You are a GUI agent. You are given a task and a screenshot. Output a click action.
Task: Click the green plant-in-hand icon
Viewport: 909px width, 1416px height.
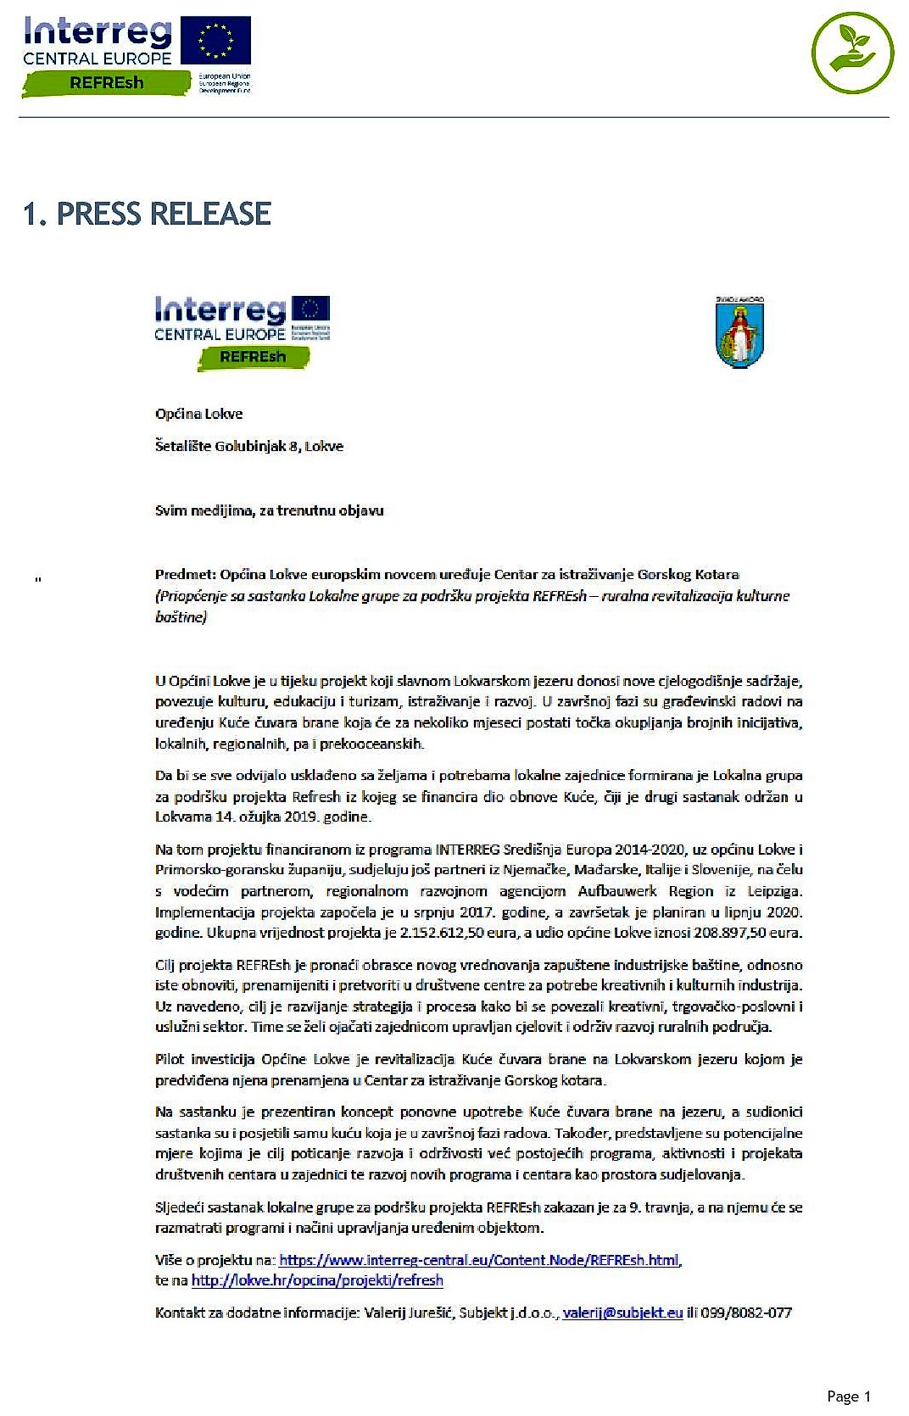(852, 53)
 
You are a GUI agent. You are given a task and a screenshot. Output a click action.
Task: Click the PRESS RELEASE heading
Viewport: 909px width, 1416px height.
(147, 214)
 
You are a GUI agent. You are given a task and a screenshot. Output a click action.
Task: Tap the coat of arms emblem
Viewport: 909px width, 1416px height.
(739, 333)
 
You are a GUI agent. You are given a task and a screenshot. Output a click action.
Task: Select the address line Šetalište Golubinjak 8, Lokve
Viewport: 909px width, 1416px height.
(249, 446)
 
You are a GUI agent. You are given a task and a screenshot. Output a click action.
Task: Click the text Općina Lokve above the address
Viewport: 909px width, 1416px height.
(198, 414)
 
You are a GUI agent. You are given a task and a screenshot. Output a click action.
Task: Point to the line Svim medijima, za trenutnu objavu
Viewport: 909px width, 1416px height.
(269, 510)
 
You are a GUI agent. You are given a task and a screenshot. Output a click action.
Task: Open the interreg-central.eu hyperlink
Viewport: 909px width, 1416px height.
(479, 1260)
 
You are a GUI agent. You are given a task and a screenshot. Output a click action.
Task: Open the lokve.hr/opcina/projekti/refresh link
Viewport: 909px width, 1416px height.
(317, 1280)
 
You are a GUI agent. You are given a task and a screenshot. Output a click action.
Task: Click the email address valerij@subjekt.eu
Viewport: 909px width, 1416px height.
(622, 1313)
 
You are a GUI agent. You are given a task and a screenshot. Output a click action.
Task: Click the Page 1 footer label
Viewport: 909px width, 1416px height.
(849, 1396)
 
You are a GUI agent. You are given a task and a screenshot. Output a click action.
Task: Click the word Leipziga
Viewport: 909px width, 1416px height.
(774, 891)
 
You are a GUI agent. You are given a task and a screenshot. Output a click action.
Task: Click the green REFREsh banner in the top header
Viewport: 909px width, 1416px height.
(107, 83)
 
